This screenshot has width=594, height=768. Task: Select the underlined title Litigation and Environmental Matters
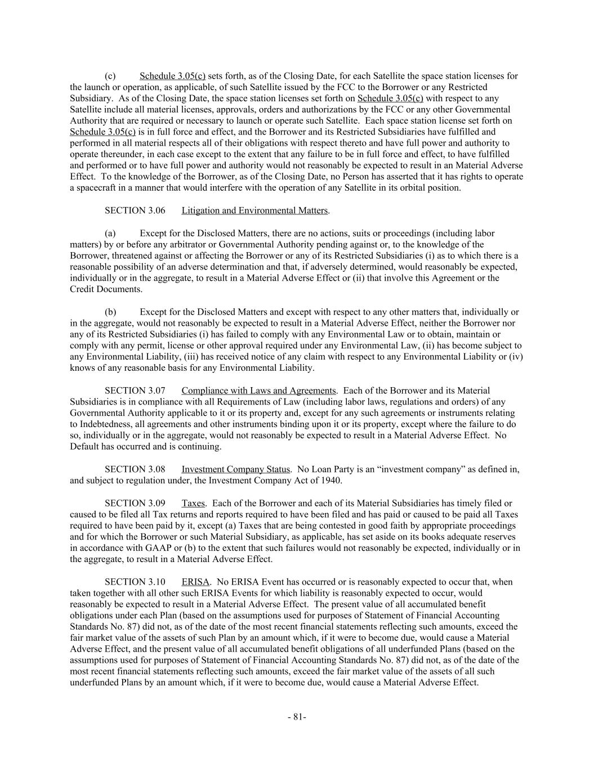254,210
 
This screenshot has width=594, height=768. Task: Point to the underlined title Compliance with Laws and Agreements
258,390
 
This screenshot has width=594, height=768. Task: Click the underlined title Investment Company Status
235,469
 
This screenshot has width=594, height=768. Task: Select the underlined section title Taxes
193,503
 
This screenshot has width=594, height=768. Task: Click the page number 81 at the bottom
297,717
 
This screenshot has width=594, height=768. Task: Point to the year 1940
332,480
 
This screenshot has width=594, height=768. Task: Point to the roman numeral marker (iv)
516,357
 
